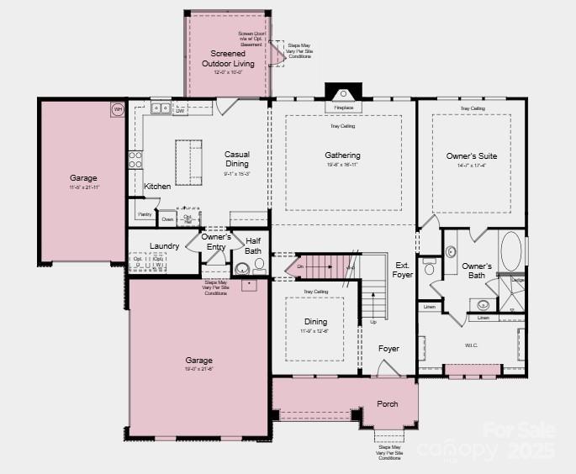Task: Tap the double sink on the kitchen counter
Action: (x=161, y=108)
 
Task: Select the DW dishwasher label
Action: (x=180, y=110)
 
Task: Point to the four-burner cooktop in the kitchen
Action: (x=135, y=159)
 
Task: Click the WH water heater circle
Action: (x=118, y=109)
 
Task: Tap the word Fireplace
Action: (x=343, y=108)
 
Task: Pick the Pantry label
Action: (x=145, y=214)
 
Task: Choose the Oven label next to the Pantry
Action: (x=167, y=219)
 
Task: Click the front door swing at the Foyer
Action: (x=388, y=368)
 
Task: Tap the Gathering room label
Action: (x=342, y=155)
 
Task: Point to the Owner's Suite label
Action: (x=471, y=155)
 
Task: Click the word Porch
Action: (x=388, y=404)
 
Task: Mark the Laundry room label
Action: (x=164, y=245)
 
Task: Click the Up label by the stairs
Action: (x=373, y=322)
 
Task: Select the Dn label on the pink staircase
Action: (x=300, y=268)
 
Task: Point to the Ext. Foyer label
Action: (x=403, y=270)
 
